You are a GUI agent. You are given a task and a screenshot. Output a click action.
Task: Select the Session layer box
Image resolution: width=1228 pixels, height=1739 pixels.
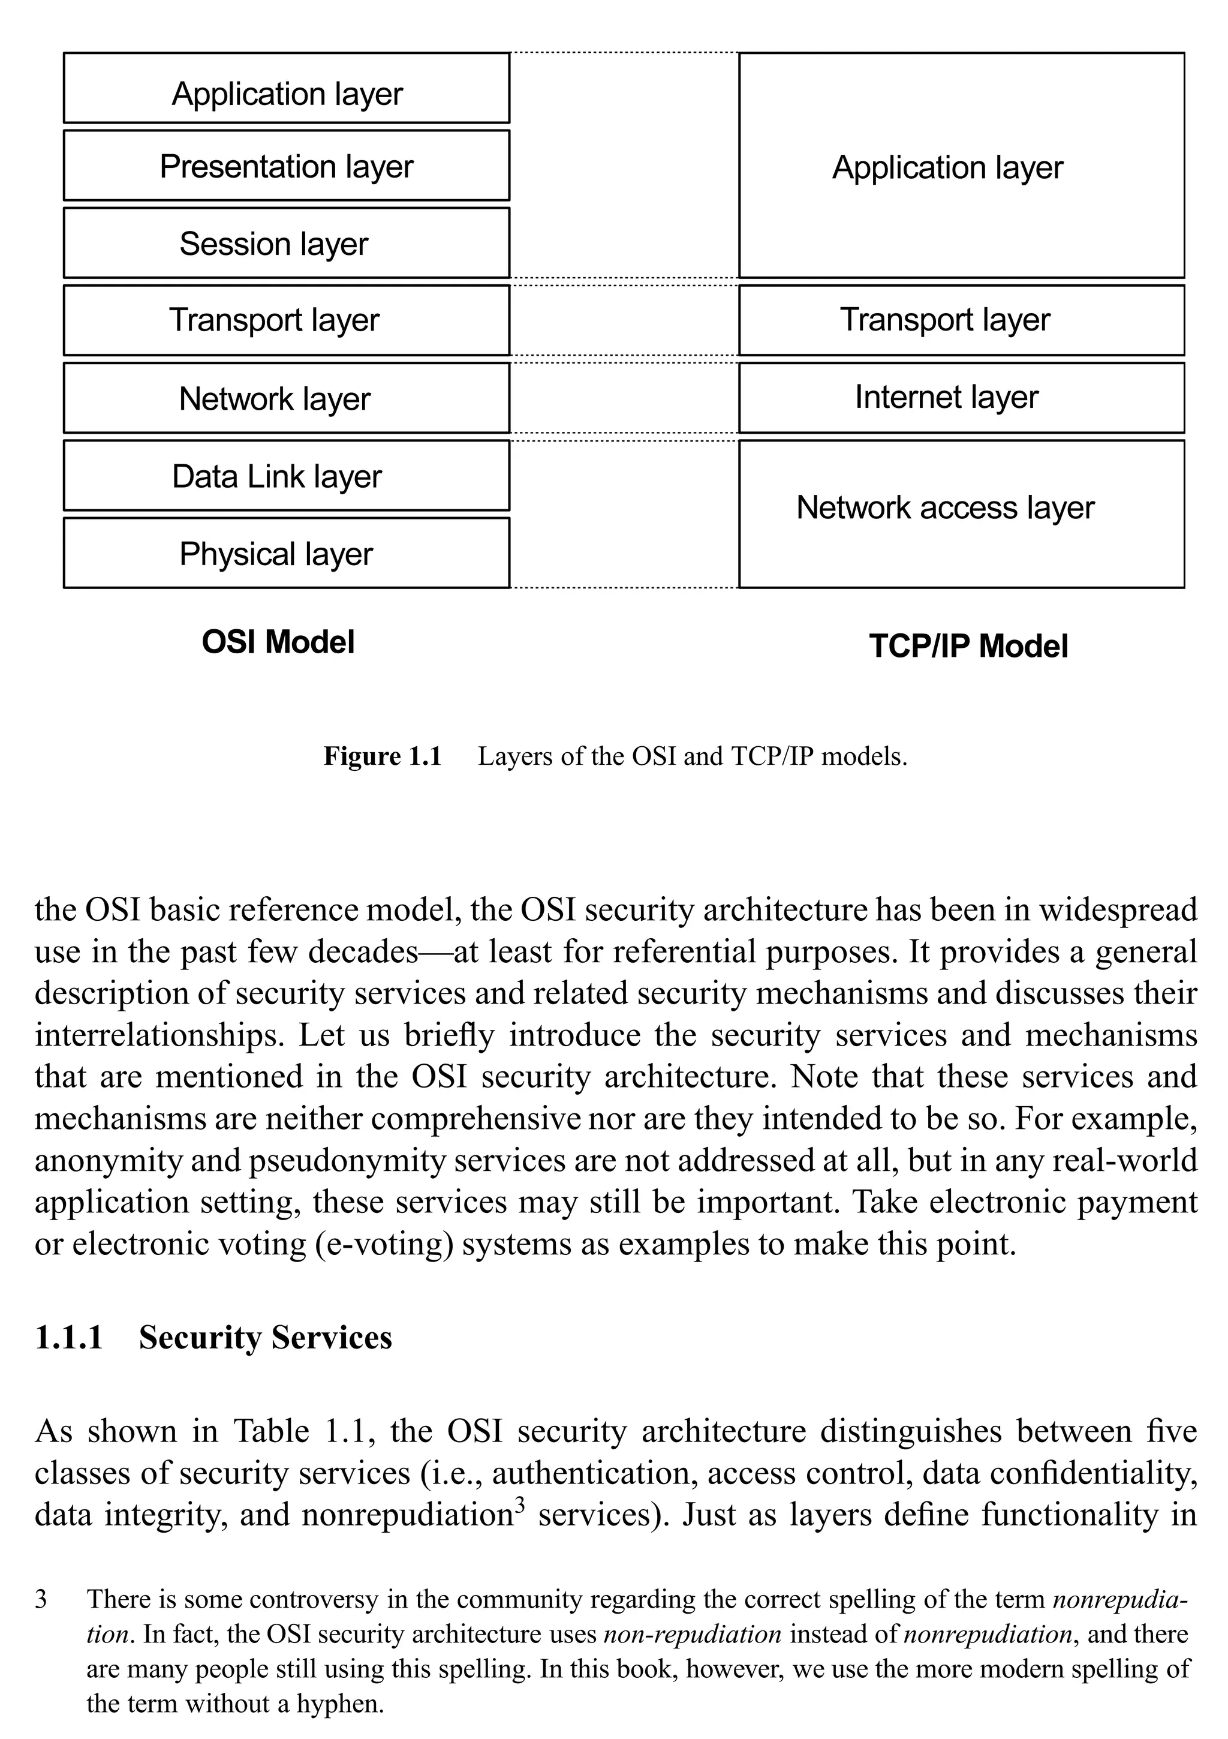pyautogui.click(x=286, y=243)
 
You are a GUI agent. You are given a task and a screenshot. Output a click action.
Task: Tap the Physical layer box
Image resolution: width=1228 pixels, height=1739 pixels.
pyautogui.click(x=286, y=554)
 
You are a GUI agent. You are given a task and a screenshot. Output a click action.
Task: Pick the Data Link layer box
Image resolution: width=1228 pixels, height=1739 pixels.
pyautogui.click(x=286, y=476)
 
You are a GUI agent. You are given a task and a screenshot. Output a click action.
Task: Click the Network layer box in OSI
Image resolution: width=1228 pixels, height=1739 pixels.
pyautogui.click(x=286, y=398)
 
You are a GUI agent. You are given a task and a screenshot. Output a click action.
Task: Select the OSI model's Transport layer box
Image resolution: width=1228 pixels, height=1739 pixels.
pyautogui.click(x=286, y=320)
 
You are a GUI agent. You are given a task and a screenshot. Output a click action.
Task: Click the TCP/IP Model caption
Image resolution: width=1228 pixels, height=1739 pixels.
pyautogui.click(x=968, y=646)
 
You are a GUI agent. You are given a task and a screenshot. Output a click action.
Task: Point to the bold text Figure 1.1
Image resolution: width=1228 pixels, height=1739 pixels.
pyautogui.click(x=383, y=756)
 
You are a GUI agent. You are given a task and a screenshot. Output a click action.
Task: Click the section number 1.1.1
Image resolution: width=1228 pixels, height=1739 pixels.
pyautogui.click(x=69, y=1338)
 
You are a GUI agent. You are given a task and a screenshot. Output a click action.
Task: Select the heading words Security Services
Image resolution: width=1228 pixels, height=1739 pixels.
pyautogui.click(x=265, y=1338)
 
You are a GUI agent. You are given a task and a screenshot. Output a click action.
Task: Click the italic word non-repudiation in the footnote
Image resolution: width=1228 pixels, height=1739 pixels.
pyautogui.click(x=692, y=1635)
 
